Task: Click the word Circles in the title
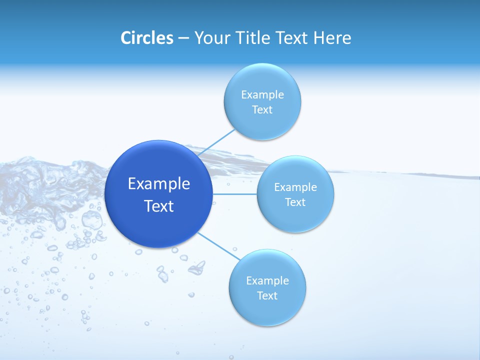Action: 146,38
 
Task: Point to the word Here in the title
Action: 332,38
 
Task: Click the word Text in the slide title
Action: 292,38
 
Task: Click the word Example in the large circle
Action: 159,184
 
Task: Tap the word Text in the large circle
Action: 159,206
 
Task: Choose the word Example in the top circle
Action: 262,95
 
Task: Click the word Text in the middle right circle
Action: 295,202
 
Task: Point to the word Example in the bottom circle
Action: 267,281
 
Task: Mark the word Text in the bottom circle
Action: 267,296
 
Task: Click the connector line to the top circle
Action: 216,143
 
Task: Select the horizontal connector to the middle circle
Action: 234,193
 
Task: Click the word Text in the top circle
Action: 262,110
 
